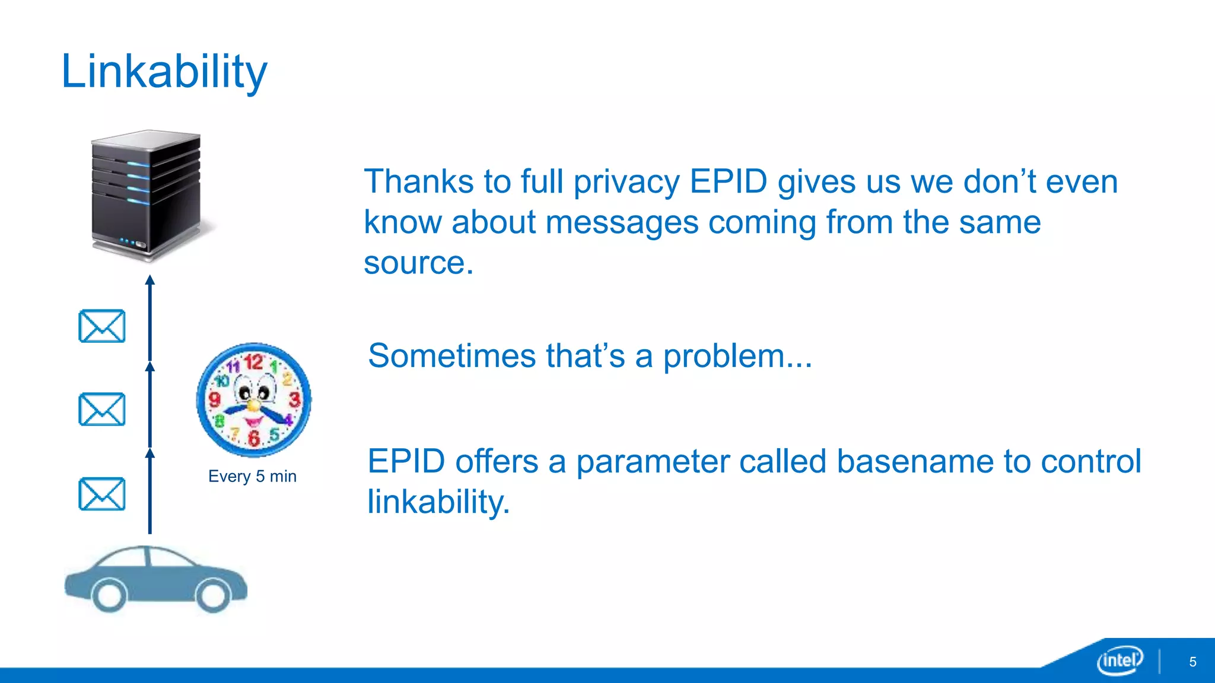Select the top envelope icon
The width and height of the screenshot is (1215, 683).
pos(102,326)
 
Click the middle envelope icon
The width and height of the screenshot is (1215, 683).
pos(102,409)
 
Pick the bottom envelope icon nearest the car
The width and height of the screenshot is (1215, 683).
pos(102,494)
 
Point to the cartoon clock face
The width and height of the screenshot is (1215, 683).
pos(254,400)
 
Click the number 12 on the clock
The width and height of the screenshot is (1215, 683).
pos(253,362)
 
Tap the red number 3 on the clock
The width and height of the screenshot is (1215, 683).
pos(294,400)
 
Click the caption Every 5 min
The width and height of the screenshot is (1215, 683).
pos(252,476)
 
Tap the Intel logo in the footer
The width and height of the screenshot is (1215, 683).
pos(1120,660)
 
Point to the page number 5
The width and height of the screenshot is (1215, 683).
pos(1192,662)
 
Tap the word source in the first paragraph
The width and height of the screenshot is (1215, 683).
pos(415,263)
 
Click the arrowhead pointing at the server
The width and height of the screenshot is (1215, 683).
pos(150,280)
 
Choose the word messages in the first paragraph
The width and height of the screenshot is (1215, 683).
pos(621,223)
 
